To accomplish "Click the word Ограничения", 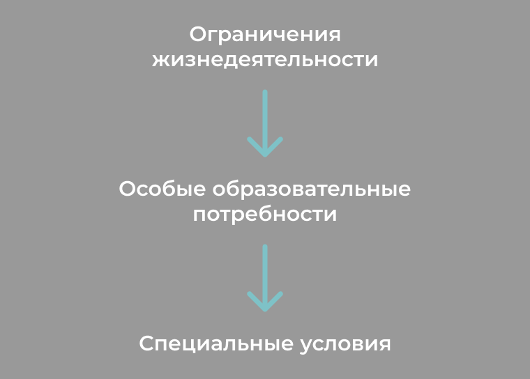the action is pyautogui.click(x=265, y=35).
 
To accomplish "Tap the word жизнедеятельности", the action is pyautogui.click(x=265, y=60).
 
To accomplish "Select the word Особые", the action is pyautogui.click(x=162, y=189).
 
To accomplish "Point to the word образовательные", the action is pyautogui.click(x=311, y=189).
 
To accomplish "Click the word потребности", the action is pyautogui.click(x=265, y=215).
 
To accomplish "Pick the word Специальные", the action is pyautogui.click(x=216, y=344).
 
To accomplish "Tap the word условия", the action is pyautogui.click(x=345, y=345).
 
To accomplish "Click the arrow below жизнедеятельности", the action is pyautogui.click(x=265, y=123).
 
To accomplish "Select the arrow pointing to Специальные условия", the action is pyautogui.click(x=265, y=278).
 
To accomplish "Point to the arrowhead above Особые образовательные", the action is pyautogui.click(x=265, y=147).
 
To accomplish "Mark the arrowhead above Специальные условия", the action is pyautogui.click(x=265, y=302).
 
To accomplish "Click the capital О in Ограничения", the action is pyautogui.click(x=198, y=34).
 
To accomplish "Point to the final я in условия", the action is pyautogui.click(x=385, y=345).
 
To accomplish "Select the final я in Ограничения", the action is pyautogui.click(x=334, y=36).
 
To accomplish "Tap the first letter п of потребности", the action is pyautogui.click(x=199, y=215).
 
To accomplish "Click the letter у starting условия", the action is pyautogui.click(x=306, y=346).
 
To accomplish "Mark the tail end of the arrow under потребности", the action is pyautogui.click(x=265, y=246).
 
